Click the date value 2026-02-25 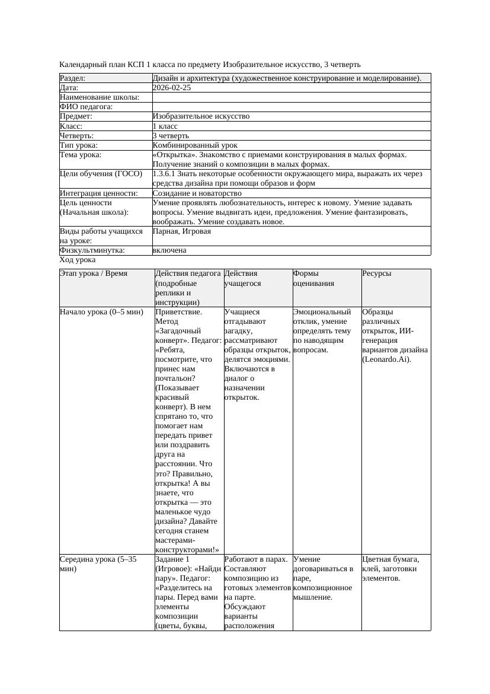coord(171,88)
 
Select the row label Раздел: coord(73,78)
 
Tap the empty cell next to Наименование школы coord(290,97)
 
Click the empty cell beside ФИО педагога coord(290,107)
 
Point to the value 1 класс coord(165,126)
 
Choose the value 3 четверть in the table coord(171,136)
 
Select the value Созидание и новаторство coord(197,193)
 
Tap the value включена coord(169,250)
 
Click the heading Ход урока coord(78,260)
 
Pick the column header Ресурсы coord(377,273)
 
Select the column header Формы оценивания coord(313,279)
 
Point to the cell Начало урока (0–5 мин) coord(101,312)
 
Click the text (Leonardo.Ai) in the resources coord(386,359)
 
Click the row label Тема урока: coord(81,155)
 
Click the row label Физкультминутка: coord(92,250)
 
